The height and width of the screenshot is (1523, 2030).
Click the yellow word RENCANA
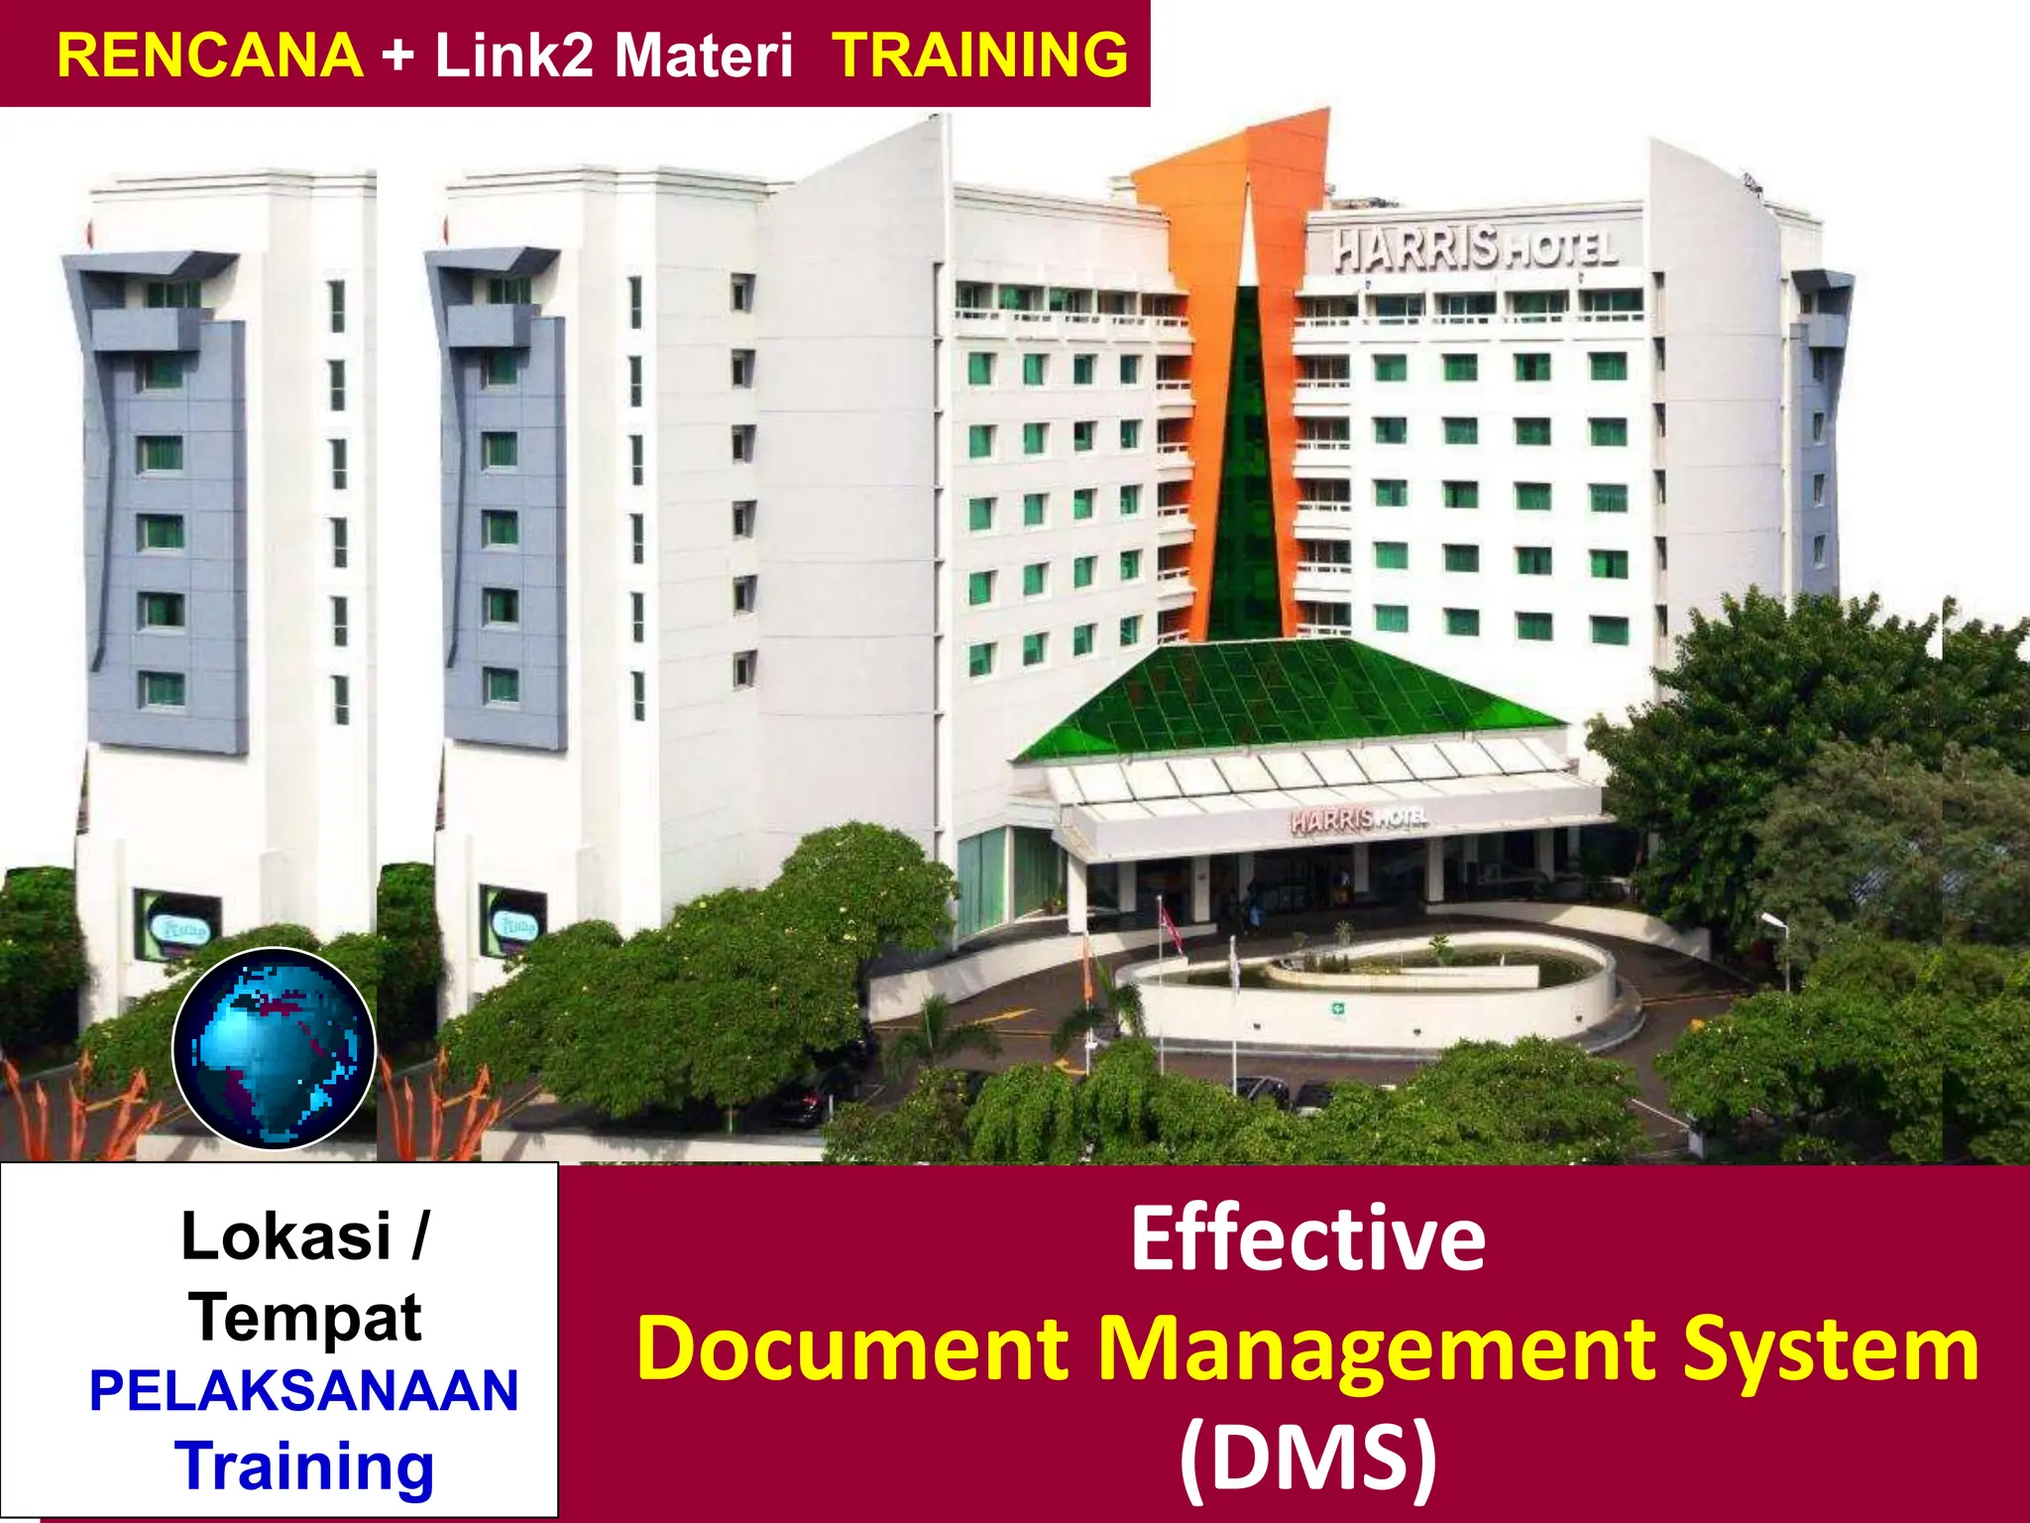pos(210,55)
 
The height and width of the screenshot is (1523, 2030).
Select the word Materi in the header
pos(704,55)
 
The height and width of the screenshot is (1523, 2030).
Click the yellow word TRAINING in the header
pos(980,55)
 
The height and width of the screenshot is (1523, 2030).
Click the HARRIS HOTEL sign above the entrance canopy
pos(1359,819)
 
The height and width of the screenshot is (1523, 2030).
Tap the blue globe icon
pos(275,1048)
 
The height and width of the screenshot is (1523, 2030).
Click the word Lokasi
pos(285,1236)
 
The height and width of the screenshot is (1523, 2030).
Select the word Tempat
pos(307,1317)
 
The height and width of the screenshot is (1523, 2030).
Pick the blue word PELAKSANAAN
pos(304,1390)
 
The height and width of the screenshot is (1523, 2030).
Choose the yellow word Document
pos(853,1347)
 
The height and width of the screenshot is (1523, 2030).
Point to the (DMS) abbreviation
pos(1307,1456)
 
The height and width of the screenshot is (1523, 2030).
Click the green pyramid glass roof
pos(1289,694)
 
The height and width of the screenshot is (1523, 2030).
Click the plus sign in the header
pos(397,55)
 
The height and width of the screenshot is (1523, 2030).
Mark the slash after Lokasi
pos(419,1236)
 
